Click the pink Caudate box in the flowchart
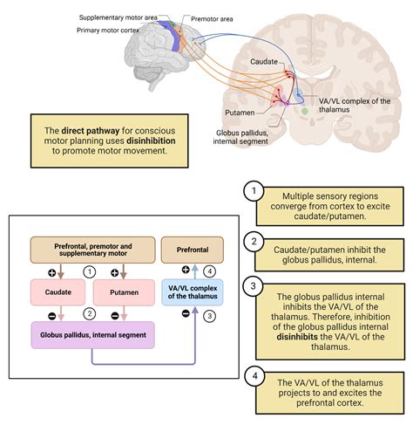[x=58, y=292]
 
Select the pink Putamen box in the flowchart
[x=124, y=292]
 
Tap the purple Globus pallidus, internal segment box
[x=93, y=335]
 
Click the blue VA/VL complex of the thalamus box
[x=193, y=292]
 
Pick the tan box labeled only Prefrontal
[x=193, y=250]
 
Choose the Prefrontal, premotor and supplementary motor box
[x=93, y=250]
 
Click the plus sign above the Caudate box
[x=51, y=273]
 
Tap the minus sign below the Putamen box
[x=115, y=316]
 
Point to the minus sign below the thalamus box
[x=186, y=313]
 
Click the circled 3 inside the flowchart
[x=209, y=316]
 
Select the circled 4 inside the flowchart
[x=209, y=271]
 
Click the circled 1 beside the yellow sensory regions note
[x=254, y=191]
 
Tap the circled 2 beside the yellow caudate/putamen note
[x=254, y=242]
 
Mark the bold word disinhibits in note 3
[x=297, y=337]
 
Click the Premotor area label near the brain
[x=212, y=19]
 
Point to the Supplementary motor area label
[x=118, y=17]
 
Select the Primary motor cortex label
[x=108, y=31]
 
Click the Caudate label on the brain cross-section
[x=264, y=62]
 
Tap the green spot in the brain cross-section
[x=304, y=111]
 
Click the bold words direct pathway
[x=91, y=131]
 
